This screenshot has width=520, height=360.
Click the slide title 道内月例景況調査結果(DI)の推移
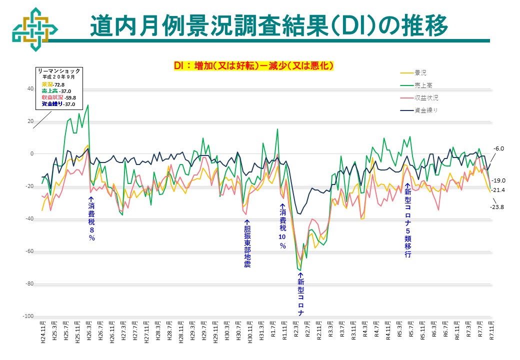pyautogui.click(x=268, y=25)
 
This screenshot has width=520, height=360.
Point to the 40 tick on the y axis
pyautogui.click(x=30, y=89)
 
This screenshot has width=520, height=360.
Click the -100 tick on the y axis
pyautogui.click(x=27, y=316)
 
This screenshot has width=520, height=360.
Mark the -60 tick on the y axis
pyautogui.click(x=28, y=251)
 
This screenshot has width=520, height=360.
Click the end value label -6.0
pyautogui.click(x=499, y=148)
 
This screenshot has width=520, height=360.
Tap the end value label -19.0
pyautogui.click(x=498, y=180)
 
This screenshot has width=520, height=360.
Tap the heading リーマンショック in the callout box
pyautogui.click(x=59, y=71)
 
